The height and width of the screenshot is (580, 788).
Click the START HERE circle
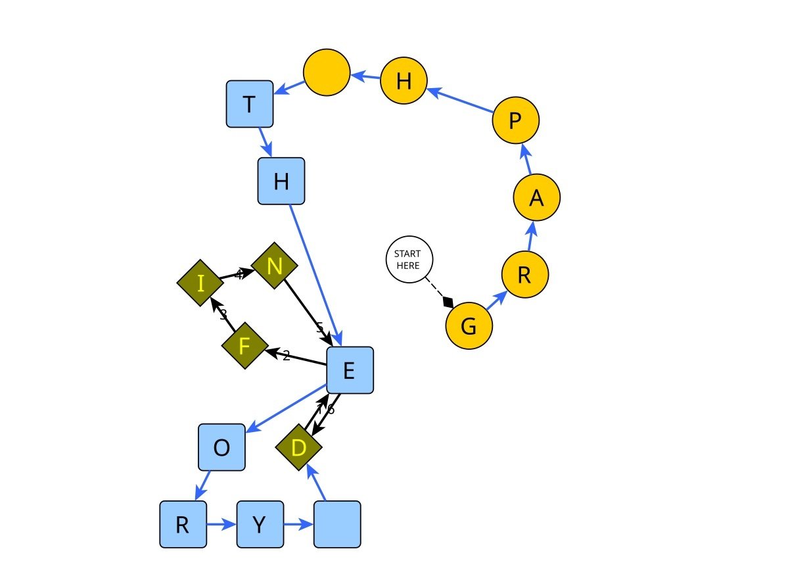click(409, 259)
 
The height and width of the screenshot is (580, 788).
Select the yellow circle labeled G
click(469, 326)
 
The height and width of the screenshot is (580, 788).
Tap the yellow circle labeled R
click(524, 275)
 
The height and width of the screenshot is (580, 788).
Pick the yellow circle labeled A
click(536, 197)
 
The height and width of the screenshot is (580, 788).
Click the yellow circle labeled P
click(516, 120)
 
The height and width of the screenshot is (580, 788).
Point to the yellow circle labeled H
click(404, 81)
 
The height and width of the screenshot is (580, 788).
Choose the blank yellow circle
click(327, 71)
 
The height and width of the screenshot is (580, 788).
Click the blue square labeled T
click(250, 104)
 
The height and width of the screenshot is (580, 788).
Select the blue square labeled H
click(281, 181)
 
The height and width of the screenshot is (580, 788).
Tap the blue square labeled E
click(350, 370)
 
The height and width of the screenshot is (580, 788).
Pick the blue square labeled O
click(222, 447)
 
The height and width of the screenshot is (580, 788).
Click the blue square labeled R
click(183, 524)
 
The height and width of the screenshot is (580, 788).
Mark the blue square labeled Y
click(260, 524)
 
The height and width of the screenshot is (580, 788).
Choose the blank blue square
click(337, 524)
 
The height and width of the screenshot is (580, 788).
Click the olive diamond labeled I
click(200, 283)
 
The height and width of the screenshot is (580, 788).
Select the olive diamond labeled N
click(275, 266)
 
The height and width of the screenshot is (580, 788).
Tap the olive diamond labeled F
click(244, 345)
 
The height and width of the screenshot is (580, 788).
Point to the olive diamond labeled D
click(298, 448)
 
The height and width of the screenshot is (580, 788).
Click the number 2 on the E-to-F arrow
click(286, 356)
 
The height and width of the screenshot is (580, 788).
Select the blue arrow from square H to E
click(314, 273)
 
